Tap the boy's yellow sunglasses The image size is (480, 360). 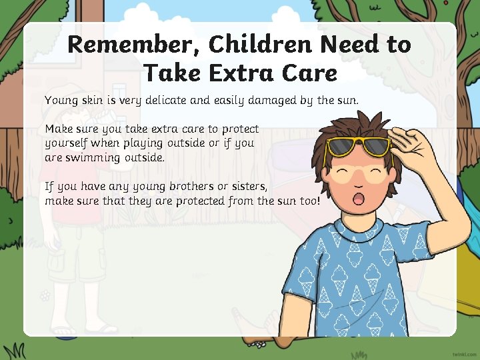(357, 148)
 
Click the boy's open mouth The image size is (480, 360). (357, 199)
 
